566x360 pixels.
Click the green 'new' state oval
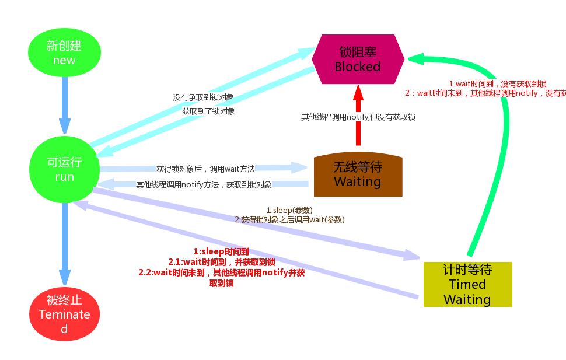click(x=64, y=53)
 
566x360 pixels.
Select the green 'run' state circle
click(x=64, y=169)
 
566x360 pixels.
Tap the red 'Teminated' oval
click(x=64, y=314)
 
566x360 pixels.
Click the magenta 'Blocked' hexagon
click(x=358, y=59)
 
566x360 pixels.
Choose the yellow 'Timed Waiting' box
click(x=467, y=285)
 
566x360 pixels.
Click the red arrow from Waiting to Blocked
click(x=358, y=117)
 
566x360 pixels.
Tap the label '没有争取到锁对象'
click(x=203, y=97)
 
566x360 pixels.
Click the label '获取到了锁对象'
click(x=208, y=111)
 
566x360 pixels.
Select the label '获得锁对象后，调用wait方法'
click(x=205, y=169)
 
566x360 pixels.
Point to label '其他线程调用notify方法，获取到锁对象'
click(x=204, y=184)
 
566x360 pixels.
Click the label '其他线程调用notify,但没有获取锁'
click(x=358, y=117)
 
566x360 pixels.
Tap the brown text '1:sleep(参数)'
click(x=289, y=210)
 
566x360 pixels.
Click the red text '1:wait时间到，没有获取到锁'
click(x=497, y=84)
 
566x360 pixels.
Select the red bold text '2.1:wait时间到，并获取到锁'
click(x=222, y=262)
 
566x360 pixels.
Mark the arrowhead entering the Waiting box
click(x=300, y=168)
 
